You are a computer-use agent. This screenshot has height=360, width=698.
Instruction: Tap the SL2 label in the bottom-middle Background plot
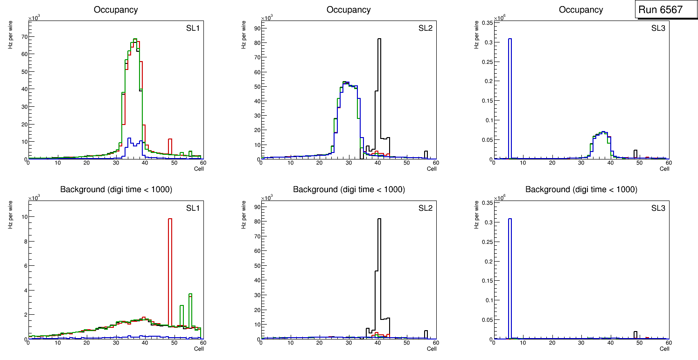[426, 208]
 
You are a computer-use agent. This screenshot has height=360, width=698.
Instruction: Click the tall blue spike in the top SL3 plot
[510, 93]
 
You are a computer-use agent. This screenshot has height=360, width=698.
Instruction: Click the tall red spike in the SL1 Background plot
[170, 270]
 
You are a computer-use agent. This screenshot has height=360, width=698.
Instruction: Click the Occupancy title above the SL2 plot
[349, 10]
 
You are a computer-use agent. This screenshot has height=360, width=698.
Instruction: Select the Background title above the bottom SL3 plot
[581, 190]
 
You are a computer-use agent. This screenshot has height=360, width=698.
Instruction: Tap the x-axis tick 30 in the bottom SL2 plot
[349, 343]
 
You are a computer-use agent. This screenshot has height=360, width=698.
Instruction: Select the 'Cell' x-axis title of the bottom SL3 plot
[664, 349]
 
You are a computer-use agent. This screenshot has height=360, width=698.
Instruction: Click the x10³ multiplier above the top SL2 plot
[267, 18]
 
